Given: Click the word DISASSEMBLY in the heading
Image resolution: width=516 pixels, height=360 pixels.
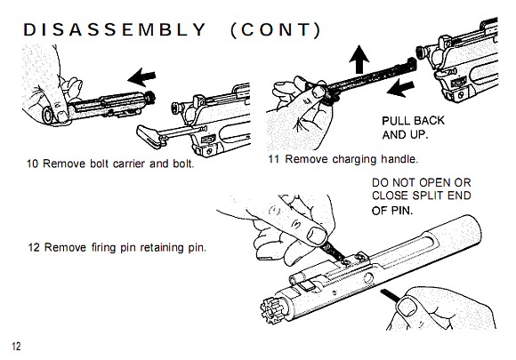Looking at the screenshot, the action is click(114, 30).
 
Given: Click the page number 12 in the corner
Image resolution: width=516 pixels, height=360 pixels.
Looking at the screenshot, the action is click(16, 346).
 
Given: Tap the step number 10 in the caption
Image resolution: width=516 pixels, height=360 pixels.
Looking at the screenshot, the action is click(33, 164).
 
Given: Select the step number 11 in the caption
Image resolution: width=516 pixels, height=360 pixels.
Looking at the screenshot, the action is click(274, 159).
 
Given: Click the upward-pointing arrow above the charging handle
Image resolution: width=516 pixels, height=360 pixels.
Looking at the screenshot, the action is click(359, 60).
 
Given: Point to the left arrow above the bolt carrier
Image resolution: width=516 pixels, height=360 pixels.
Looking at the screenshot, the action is click(141, 77).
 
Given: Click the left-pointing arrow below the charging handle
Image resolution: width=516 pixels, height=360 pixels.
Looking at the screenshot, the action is click(400, 88).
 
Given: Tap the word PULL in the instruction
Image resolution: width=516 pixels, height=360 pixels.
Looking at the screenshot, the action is click(393, 121).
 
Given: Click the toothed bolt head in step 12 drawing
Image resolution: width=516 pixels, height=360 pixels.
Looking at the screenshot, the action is click(272, 311).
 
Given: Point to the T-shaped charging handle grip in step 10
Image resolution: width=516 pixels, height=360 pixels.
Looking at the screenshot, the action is click(149, 135).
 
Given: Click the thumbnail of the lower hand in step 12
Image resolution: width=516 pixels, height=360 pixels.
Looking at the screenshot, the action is click(407, 307).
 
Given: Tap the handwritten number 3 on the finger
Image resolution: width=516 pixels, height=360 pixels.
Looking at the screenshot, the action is click(297, 225).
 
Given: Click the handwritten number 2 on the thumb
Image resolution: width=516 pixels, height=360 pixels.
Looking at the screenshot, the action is click(57, 105).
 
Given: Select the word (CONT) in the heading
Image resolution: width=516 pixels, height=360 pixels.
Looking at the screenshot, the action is click(276, 30).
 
